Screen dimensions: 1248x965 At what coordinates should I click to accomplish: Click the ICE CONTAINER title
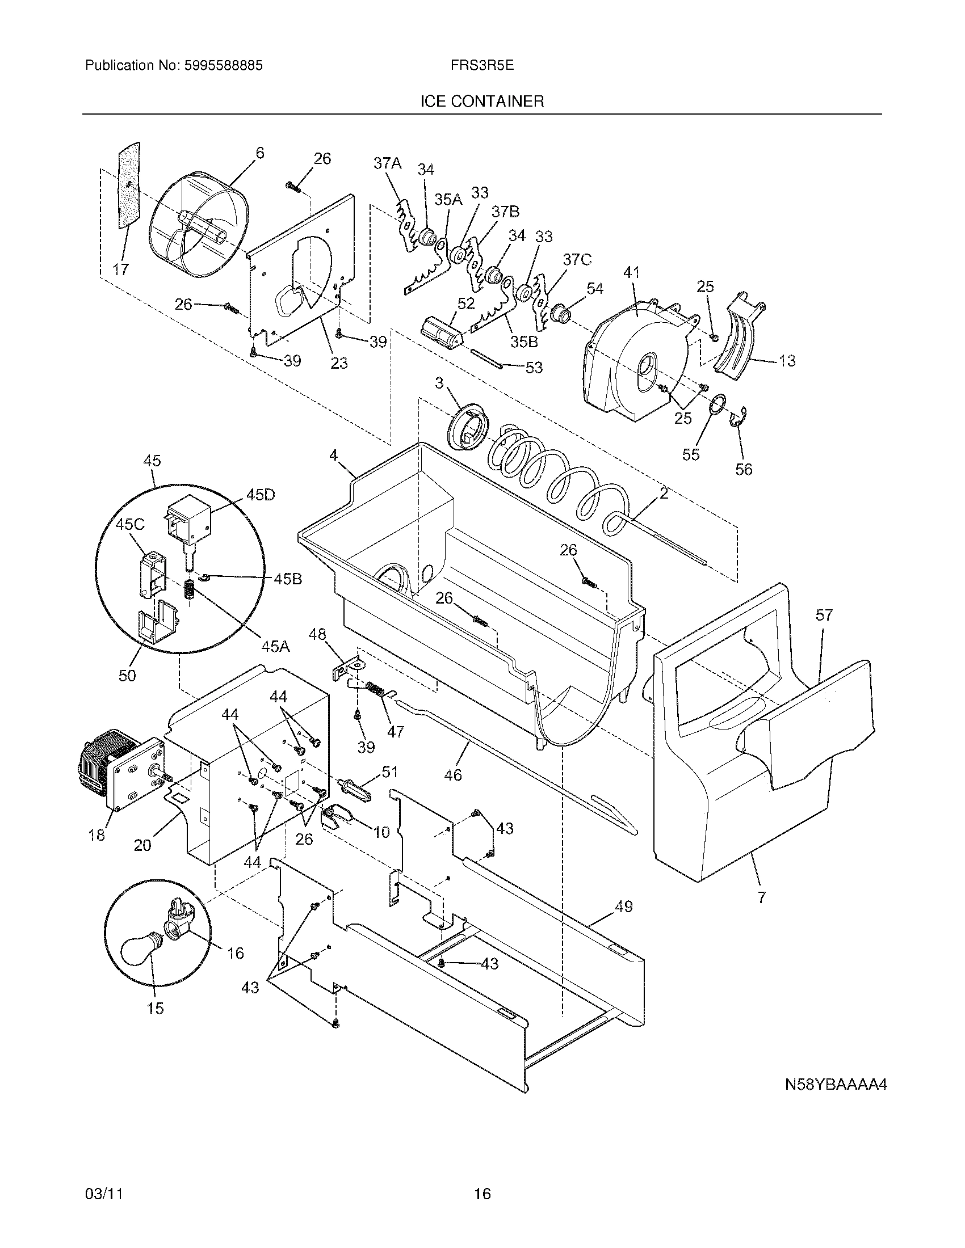pyautogui.click(x=482, y=102)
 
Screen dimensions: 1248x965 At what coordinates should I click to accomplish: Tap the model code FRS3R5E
pyautogui.click(x=482, y=66)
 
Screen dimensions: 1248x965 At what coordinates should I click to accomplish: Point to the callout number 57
pyautogui.click(x=824, y=615)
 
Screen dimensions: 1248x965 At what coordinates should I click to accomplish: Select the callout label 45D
pyautogui.click(x=260, y=495)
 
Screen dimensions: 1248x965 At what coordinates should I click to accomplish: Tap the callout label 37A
pyautogui.click(x=387, y=163)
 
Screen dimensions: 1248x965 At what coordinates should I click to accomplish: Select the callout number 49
pyautogui.click(x=623, y=907)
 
